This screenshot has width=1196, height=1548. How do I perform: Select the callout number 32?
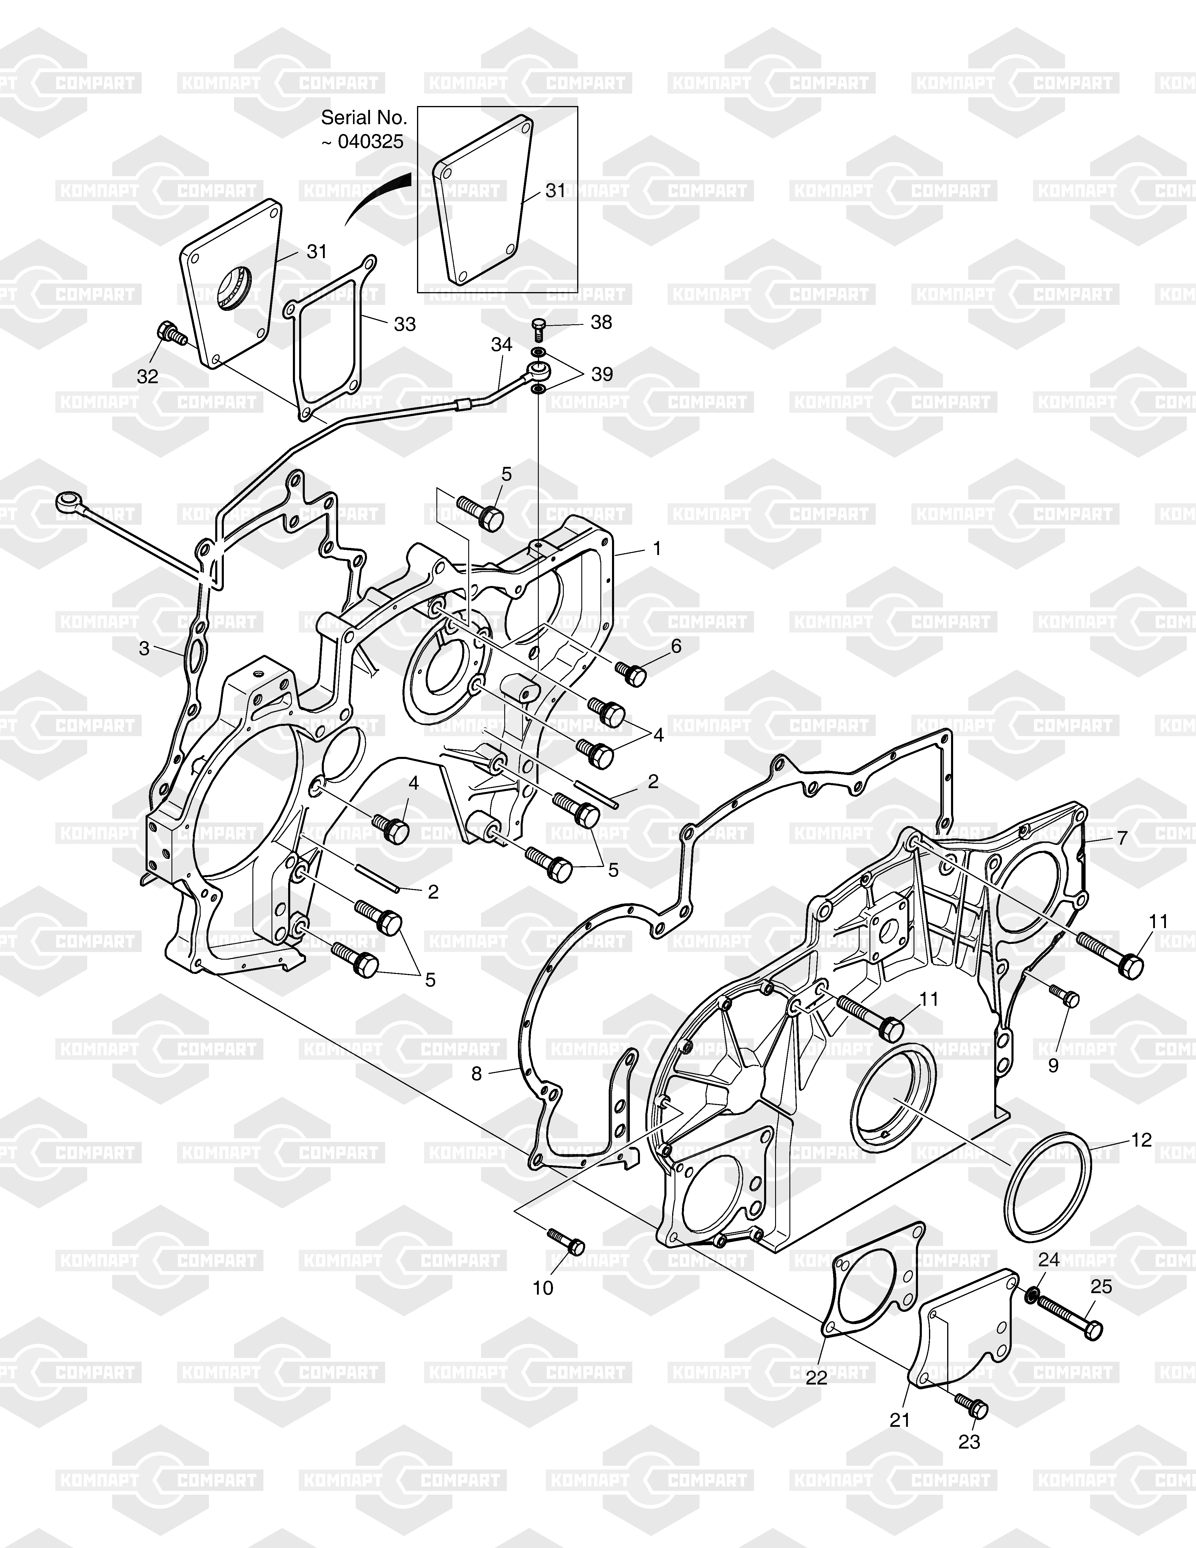coord(147,376)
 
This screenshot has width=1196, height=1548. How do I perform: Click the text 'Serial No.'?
coord(364,117)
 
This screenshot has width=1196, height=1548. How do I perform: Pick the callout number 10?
coord(543,1288)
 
